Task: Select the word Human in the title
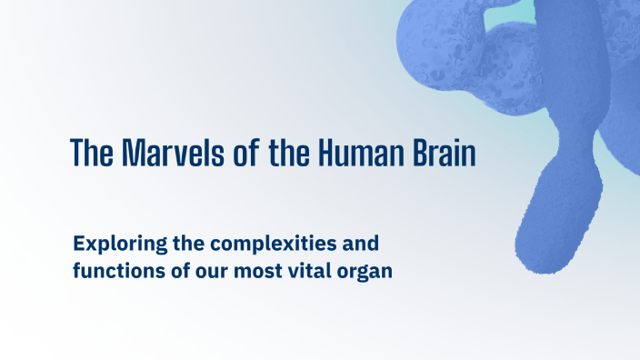point(355,153)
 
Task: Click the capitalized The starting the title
point(89,153)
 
